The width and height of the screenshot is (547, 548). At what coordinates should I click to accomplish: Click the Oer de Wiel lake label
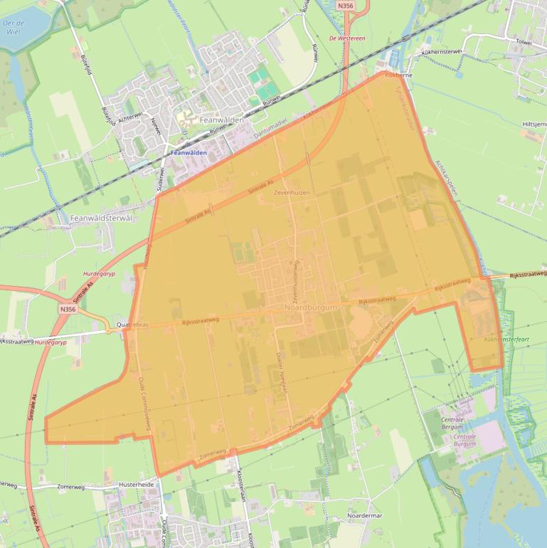(x=14, y=26)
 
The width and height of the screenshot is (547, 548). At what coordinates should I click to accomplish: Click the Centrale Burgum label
(x=464, y=439)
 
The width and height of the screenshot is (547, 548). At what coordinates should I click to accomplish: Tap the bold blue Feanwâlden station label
(x=189, y=152)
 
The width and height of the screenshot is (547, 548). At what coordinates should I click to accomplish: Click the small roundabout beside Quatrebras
(x=108, y=330)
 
